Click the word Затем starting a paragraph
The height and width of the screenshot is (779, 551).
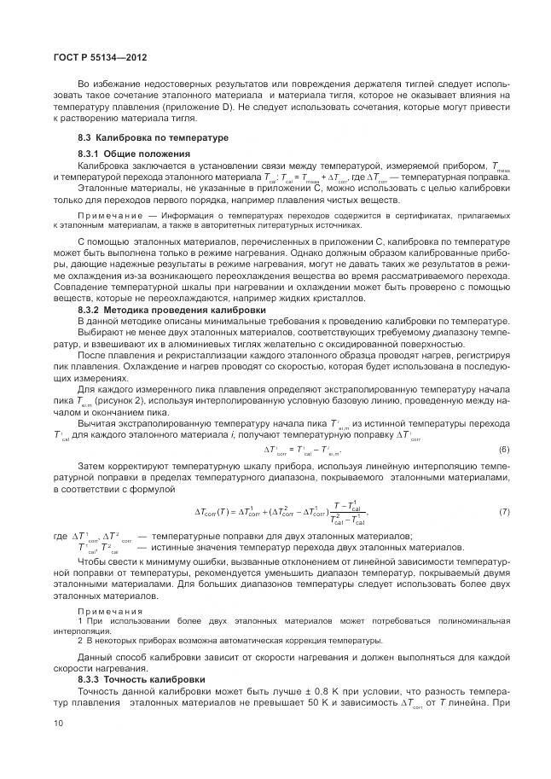[x=92, y=466]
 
